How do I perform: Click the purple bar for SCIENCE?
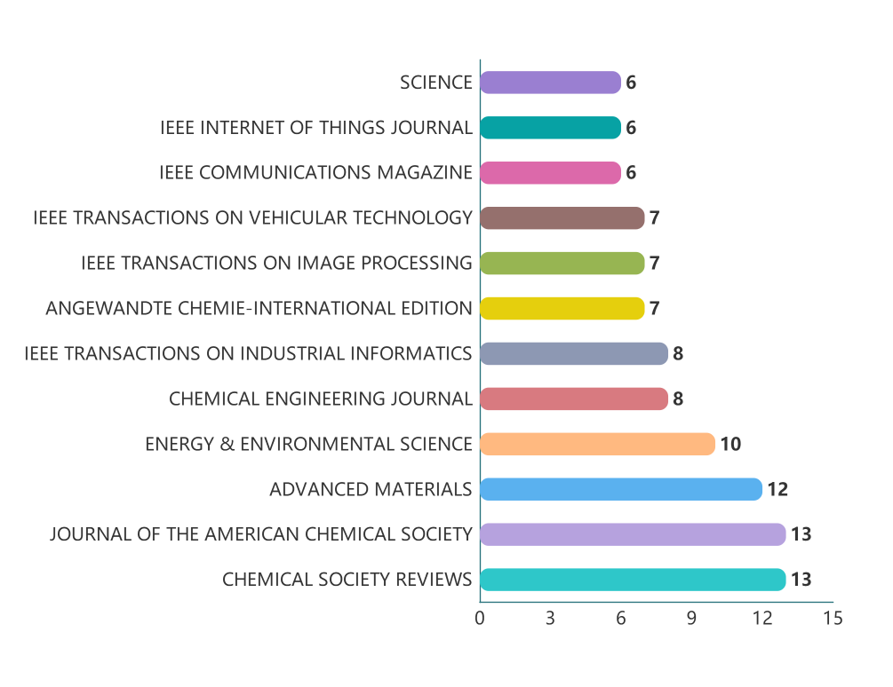point(550,83)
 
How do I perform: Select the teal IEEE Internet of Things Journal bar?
point(550,128)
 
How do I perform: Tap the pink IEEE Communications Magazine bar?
point(550,173)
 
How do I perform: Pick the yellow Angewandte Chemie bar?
point(562,309)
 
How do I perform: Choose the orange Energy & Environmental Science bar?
point(597,444)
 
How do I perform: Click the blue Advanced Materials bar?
point(621,489)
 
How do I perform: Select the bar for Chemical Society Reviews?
point(633,580)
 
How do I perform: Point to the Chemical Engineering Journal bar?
point(573,399)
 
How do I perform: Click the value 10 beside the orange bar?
point(730,444)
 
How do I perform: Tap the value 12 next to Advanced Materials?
point(777,489)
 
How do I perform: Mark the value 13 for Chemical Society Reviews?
point(801,580)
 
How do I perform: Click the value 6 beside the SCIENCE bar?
point(631,83)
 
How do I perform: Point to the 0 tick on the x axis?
point(480,619)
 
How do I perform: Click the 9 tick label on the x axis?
point(691,619)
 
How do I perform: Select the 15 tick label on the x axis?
point(833,619)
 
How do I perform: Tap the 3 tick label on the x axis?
point(550,619)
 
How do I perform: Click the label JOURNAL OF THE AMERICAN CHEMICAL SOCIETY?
point(260,534)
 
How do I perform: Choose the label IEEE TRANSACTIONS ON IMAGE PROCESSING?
point(276,264)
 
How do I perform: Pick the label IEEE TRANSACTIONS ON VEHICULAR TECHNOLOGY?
point(252,218)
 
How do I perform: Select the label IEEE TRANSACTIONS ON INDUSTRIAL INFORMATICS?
point(248,354)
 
